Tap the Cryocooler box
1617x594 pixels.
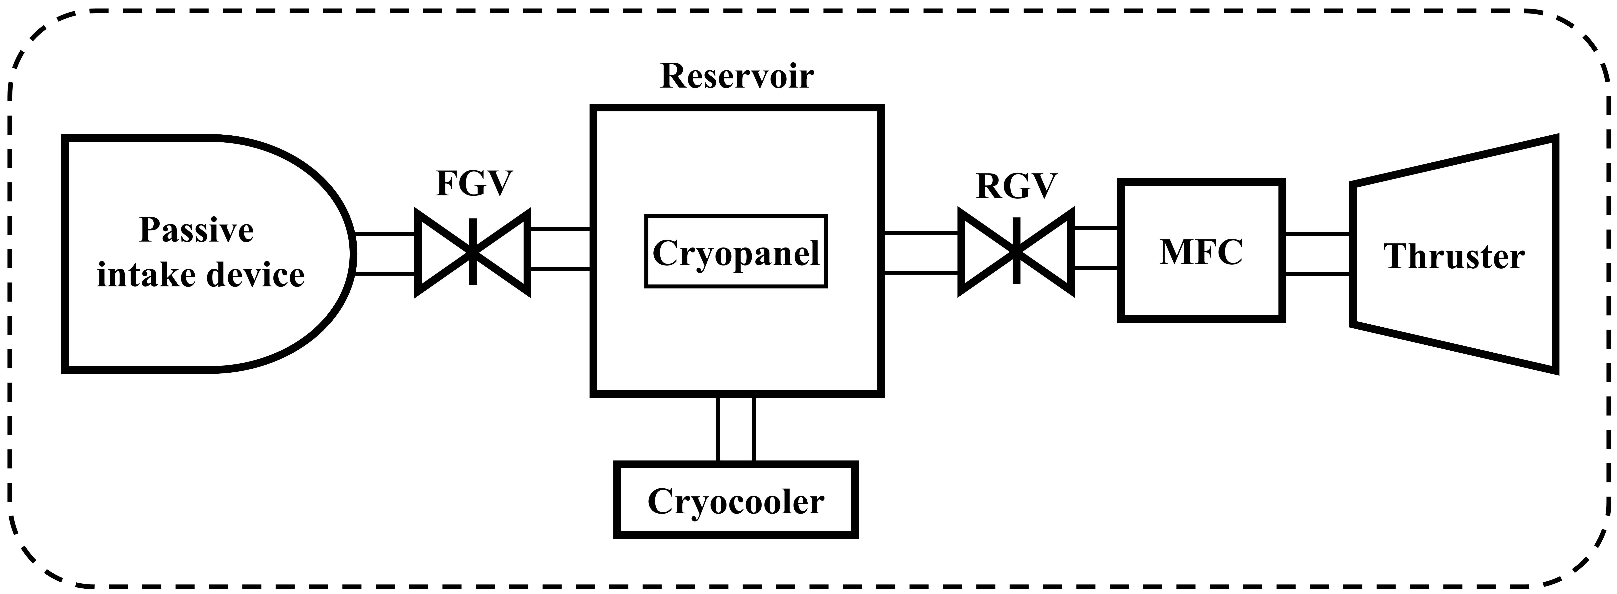point(736,500)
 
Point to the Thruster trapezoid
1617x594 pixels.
point(1454,254)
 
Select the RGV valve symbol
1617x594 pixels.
point(1016,251)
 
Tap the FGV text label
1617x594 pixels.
point(474,183)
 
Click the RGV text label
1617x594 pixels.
point(1016,186)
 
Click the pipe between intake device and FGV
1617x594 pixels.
point(384,254)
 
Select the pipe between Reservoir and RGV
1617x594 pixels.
point(921,252)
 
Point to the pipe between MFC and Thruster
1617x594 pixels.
point(1317,254)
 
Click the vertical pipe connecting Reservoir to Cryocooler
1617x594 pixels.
point(736,429)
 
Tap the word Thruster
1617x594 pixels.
point(1454,256)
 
